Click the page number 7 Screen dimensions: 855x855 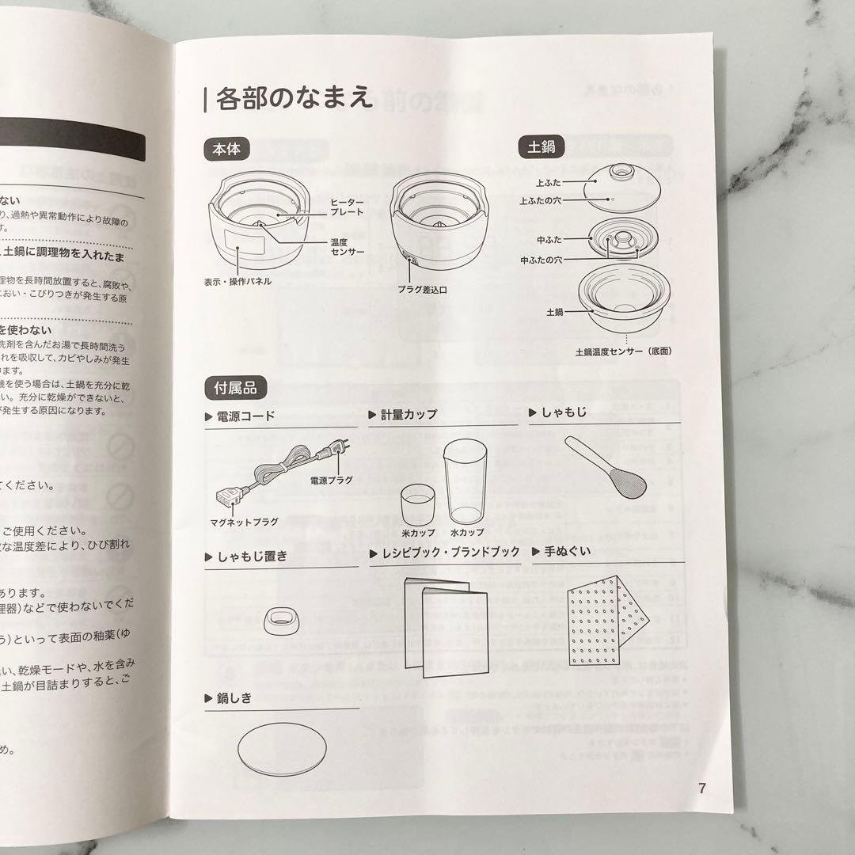(701, 788)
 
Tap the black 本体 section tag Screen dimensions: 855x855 (226, 148)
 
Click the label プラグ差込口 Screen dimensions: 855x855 (422, 290)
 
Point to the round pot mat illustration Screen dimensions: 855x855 (281, 748)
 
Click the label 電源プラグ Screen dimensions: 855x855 (331, 481)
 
